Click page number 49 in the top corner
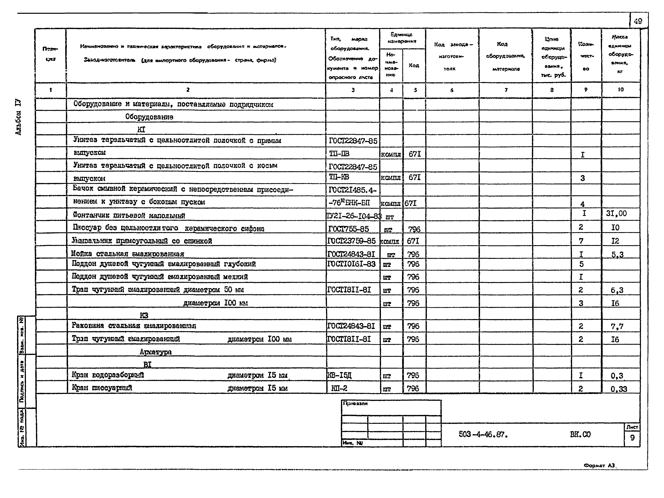point(638,21)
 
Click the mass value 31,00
point(616,213)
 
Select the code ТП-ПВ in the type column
point(339,154)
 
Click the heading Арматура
point(155,352)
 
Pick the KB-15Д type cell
point(339,375)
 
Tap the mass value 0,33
point(619,389)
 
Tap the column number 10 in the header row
point(620,90)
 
